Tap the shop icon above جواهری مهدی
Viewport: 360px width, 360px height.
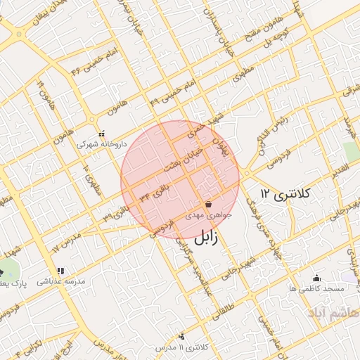[209, 204]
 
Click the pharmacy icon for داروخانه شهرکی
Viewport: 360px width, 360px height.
[101, 133]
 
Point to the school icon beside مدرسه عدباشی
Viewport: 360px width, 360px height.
[60, 270]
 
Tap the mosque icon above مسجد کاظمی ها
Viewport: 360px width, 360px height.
[316, 278]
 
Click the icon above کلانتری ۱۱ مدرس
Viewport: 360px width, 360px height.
[183, 336]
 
